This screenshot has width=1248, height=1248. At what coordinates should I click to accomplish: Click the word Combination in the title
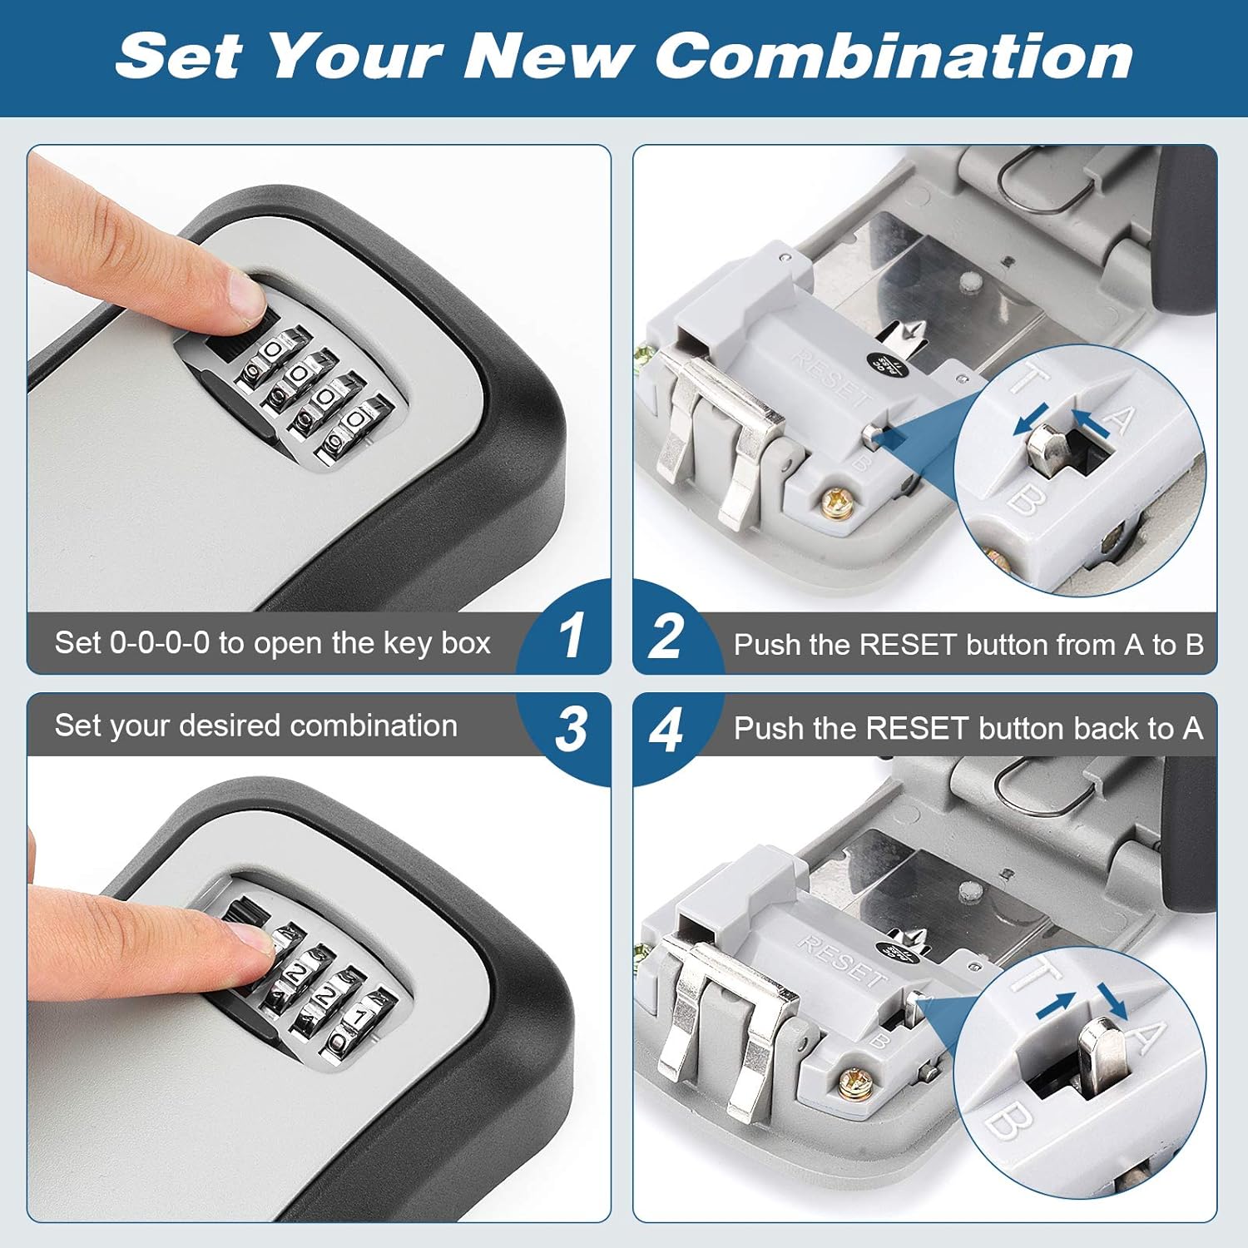tap(894, 57)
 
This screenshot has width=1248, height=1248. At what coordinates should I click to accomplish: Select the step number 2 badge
tap(666, 636)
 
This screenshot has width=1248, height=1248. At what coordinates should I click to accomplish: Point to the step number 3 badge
tap(572, 730)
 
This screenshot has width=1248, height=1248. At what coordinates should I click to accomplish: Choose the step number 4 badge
tap(666, 730)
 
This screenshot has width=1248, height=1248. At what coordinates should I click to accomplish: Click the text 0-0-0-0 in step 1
tap(160, 643)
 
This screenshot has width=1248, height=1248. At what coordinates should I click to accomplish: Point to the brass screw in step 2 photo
tap(834, 503)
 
